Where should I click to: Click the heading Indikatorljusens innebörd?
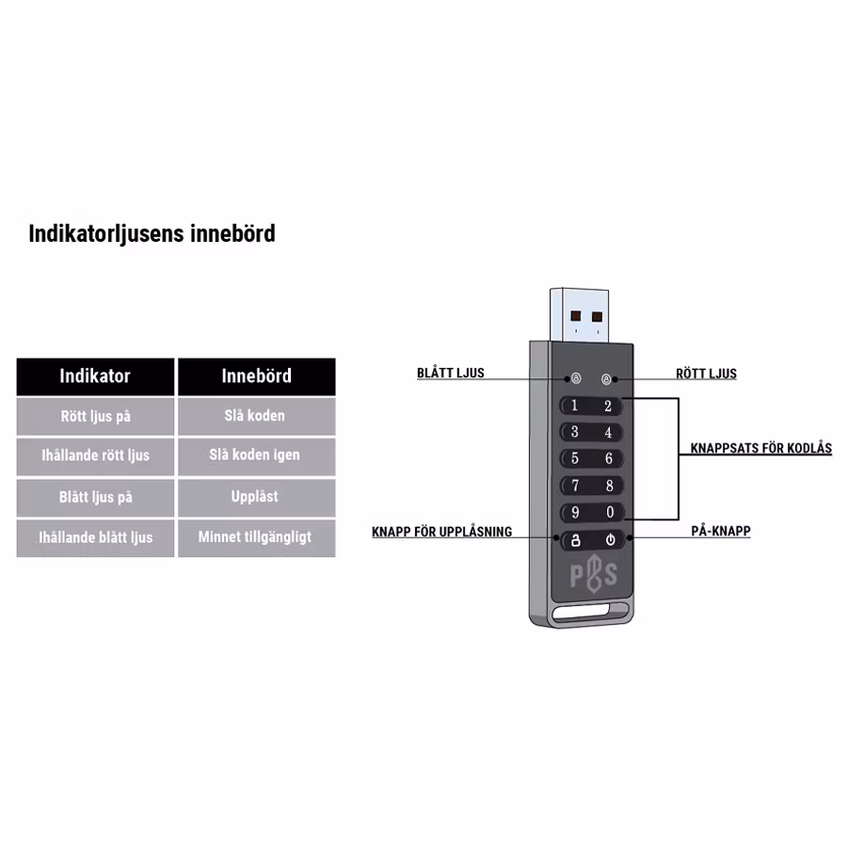click(152, 233)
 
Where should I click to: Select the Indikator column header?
click(95, 376)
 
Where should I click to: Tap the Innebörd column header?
click(256, 376)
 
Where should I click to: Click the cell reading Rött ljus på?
click(95, 416)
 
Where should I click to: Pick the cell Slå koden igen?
click(255, 455)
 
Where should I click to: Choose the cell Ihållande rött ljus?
click(95, 455)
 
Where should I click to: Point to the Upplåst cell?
click(255, 497)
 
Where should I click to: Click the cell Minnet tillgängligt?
click(255, 537)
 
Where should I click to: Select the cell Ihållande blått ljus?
click(95, 537)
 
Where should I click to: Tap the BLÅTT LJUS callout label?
click(450, 374)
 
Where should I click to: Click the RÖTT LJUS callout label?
click(706, 374)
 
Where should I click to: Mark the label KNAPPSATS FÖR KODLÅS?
click(760, 449)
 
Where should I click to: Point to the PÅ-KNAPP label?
click(721, 532)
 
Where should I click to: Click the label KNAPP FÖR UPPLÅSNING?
click(441, 532)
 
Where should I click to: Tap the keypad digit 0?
click(609, 513)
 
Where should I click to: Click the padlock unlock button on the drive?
click(575, 541)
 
